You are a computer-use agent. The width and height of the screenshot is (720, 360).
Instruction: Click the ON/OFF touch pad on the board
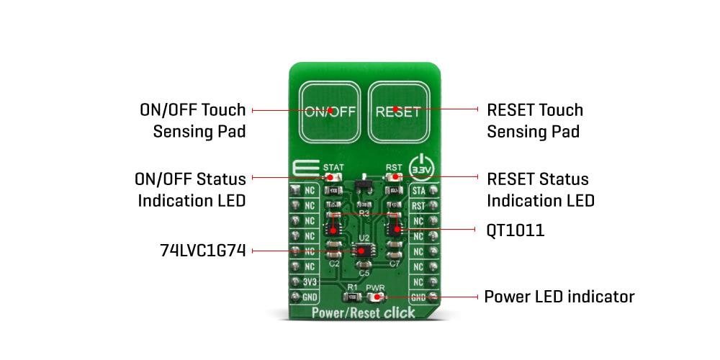point(328,111)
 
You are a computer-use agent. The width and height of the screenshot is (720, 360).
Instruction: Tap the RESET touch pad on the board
point(398,111)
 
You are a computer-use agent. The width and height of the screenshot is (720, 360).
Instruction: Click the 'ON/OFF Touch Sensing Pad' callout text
point(192,121)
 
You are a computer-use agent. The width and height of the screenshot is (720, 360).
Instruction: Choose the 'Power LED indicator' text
point(559,297)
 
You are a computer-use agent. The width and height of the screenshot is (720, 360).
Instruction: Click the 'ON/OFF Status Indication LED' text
point(191,189)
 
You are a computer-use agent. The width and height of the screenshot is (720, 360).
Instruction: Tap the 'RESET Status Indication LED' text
point(541,189)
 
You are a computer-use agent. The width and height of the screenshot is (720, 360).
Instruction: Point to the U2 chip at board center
point(364,251)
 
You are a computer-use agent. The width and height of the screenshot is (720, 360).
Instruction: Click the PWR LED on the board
point(375,297)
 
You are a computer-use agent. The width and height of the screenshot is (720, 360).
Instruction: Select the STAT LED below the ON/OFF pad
point(331,176)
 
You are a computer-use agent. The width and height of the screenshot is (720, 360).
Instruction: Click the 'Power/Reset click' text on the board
point(364,312)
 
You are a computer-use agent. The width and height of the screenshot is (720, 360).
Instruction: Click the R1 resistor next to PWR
point(352,296)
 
